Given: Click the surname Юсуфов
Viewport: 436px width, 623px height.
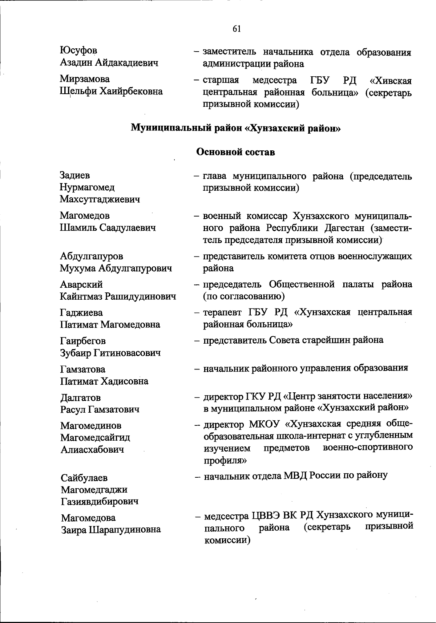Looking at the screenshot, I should click(78, 51).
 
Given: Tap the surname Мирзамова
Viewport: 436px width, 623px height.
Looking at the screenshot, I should click(85, 79).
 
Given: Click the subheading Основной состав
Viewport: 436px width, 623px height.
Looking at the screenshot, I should click(235, 152).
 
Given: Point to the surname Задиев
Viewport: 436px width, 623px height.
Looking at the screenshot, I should click(74, 175).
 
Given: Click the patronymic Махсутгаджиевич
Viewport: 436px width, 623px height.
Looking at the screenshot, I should click(100, 199).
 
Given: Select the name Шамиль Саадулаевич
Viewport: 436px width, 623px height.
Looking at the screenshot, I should click(108, 228).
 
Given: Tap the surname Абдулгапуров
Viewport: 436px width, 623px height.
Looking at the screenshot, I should click(91, 256).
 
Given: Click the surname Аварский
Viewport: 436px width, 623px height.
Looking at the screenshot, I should click(81, 284).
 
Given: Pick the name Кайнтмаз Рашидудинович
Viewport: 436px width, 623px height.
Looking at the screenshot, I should click(118, 296).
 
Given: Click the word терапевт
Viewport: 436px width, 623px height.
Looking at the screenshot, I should click(223, 312).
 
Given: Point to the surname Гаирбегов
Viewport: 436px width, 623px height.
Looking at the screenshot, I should click(83, 341).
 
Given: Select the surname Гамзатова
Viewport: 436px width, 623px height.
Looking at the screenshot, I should click(82, 369).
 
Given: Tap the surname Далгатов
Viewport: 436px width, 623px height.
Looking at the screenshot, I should click(80, 398).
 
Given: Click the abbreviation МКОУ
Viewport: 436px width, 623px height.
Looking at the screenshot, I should click(265, 424).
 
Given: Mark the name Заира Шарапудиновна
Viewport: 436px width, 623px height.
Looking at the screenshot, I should click(111, 529).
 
